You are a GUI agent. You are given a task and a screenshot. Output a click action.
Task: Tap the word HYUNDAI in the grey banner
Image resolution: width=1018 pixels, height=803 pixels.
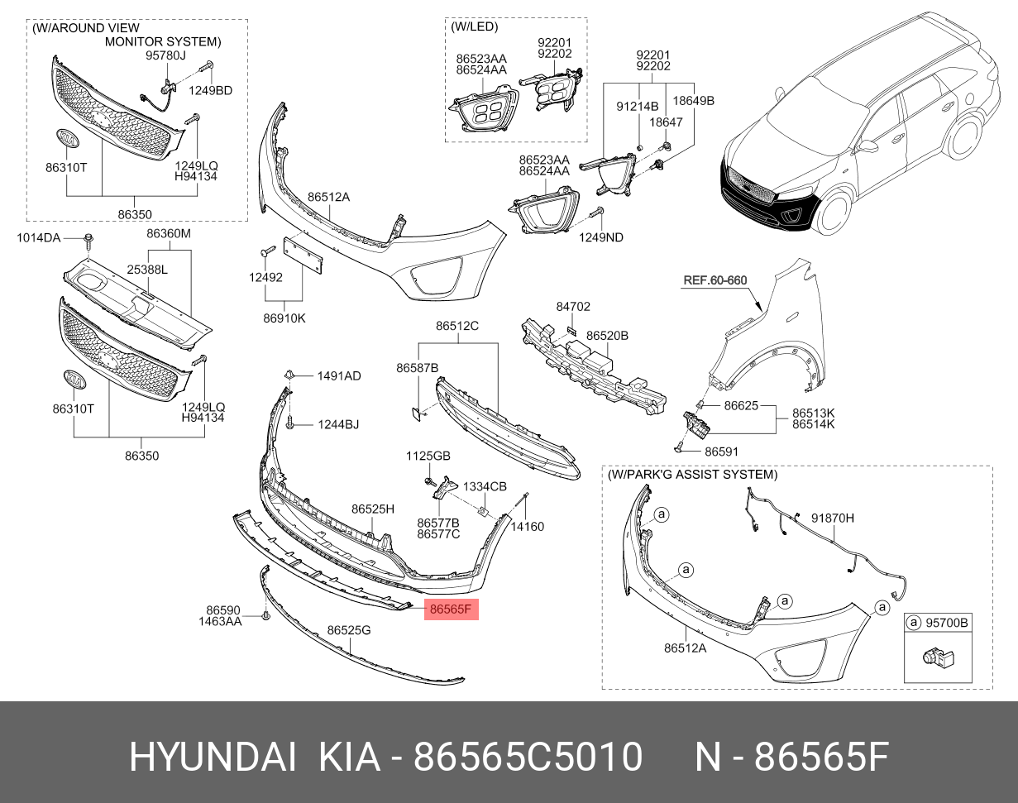click(x=212, y=757)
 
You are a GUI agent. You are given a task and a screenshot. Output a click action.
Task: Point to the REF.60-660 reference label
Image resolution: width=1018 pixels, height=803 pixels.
click(x=715, y=280)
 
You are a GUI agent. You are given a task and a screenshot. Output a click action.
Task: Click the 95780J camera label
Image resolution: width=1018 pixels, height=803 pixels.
click(x=165, y=56)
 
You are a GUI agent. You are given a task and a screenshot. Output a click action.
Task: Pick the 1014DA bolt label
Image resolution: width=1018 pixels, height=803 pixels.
click(x=39, y=238)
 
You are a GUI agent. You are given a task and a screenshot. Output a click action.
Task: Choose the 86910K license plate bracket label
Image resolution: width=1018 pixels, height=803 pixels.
click(x=284, y=318)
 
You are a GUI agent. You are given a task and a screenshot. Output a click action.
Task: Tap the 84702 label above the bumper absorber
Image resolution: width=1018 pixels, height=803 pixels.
click(x=573, y=306)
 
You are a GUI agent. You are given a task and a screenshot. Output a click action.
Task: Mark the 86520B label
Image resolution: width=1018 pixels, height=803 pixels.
click(x=607, y=336)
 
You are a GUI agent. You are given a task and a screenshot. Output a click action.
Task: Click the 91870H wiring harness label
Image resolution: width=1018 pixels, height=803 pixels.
click(x=831, y=518)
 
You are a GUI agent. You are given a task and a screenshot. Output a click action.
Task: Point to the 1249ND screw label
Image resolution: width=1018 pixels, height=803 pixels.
click(x=601, y=237)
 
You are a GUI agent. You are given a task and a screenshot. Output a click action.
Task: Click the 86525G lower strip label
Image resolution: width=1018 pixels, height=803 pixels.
click(x=348, y=630)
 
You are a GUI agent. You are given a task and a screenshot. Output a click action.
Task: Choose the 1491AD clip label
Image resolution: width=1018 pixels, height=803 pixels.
click(x=339, y=375)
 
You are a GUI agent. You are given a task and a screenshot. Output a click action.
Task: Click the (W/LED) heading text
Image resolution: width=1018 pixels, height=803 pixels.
click(x=474, y=26)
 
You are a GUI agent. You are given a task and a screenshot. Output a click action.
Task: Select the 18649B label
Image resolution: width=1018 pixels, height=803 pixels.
click(x=693, y=100)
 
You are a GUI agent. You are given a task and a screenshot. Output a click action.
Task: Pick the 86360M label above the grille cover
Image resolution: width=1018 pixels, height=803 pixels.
click(x=169, y=233)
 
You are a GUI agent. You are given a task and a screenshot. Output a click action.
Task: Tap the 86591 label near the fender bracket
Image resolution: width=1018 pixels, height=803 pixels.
click(x=721, y=452)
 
